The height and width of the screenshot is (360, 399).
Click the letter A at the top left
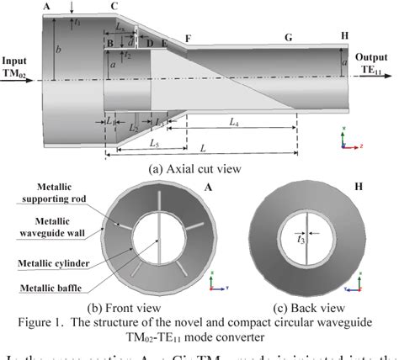[46, 7]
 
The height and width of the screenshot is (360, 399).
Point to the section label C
[114, 7]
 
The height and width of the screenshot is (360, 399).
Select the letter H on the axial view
[344, 35]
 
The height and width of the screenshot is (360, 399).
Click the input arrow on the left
[21, 81]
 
